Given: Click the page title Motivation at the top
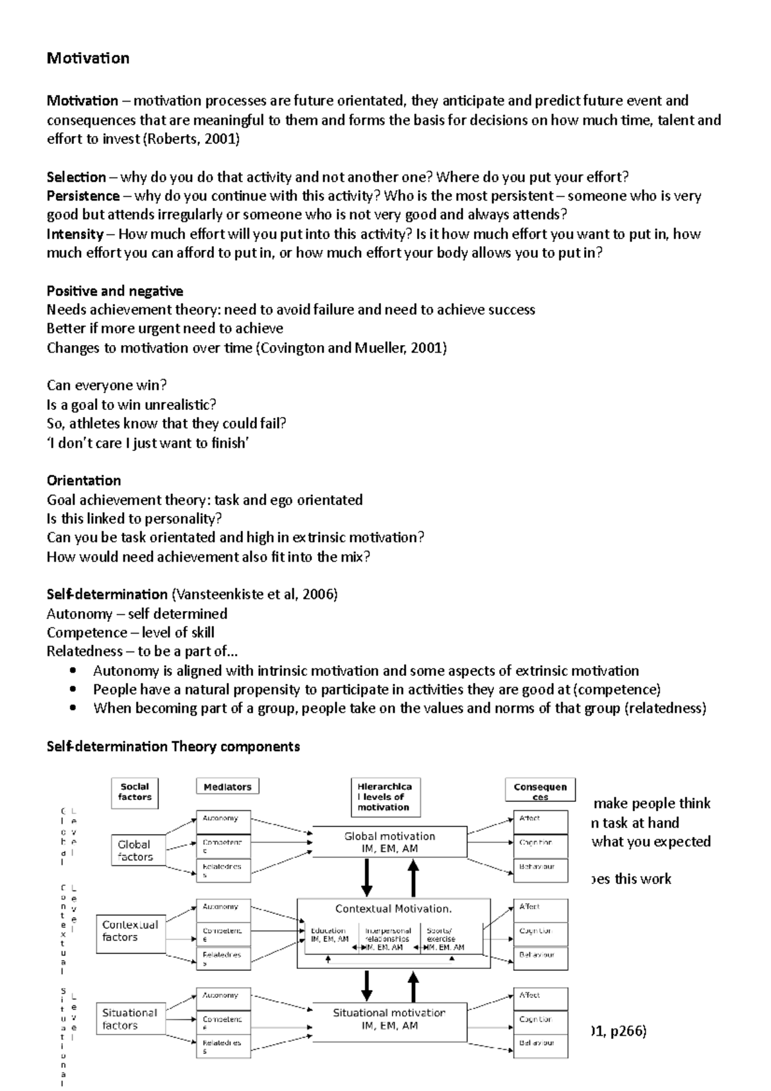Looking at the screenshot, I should coord(88,58).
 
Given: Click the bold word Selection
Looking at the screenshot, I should coord(76,177).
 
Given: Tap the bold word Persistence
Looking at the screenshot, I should coord(83,196).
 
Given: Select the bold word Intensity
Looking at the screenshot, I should coord(75,234).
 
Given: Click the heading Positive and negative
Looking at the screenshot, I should coord(115,291).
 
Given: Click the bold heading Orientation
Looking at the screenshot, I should coord(84,481).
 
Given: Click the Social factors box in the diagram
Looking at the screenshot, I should coord(135,792).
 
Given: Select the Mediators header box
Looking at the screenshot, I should coord(227,787).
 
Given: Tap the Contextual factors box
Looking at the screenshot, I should coord(130,931).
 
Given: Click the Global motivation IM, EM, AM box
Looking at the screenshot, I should coord(389,842).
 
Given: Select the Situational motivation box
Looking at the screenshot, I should coord(389,1019).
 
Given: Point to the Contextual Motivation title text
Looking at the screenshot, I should coord(393,909).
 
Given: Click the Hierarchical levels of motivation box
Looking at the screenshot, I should coord(384,797).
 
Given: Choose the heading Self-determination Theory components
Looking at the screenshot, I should coord(173,747).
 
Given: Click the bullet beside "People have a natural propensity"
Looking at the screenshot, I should coord(75,690).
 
